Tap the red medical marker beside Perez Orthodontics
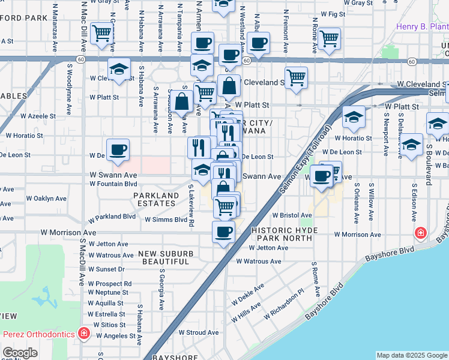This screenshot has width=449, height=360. click(85, 333)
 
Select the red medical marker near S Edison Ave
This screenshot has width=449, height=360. click(422, 232)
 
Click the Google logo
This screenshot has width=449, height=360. click(20, 353)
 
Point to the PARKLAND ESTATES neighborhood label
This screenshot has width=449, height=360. click(156, 200)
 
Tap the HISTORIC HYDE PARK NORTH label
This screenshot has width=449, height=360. click(282, 234)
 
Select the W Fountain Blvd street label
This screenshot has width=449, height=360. click(113, 184)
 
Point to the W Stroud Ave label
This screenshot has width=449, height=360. click(199, 332)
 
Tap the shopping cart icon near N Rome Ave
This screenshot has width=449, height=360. click(329, 38)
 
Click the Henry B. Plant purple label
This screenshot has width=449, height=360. click(422, 27)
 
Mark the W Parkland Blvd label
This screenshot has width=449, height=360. click(113, 217)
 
